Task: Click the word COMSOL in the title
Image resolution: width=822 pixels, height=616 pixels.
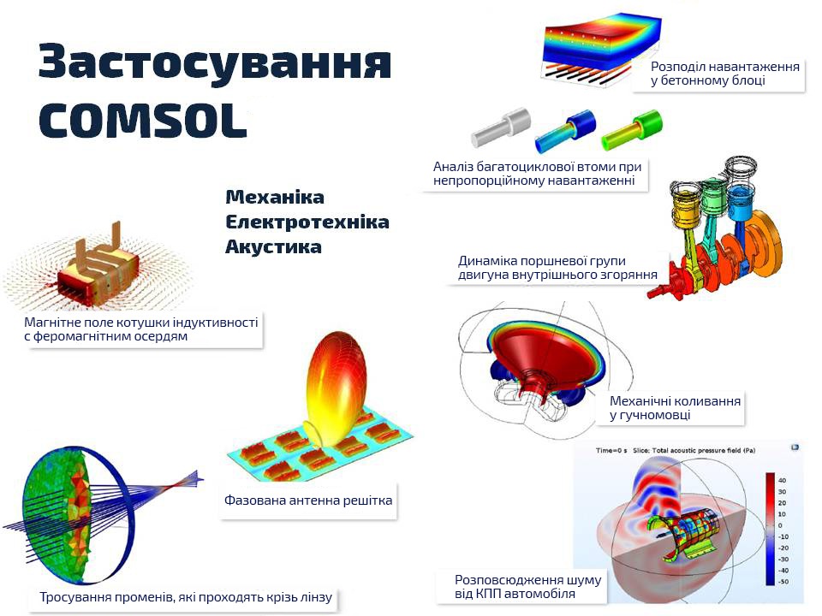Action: (x=143, y=120)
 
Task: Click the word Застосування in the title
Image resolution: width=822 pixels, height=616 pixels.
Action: (x=215, y=62)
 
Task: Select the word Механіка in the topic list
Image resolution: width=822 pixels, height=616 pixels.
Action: (x=275, y=198)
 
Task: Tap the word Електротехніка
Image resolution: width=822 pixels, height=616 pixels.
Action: (x=307, y=222)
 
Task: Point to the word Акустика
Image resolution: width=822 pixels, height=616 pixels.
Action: (x=273, y=246)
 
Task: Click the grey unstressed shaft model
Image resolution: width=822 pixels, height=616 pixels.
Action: (x=501, y=127)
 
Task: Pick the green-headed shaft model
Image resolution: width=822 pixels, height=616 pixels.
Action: (x=632, y=129)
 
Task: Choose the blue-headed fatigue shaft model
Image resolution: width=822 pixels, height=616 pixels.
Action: (x=566, y=131)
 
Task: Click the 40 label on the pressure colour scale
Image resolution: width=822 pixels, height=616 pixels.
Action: (x=782, y=480)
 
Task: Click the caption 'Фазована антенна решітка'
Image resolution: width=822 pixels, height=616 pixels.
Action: (x=308, y=500)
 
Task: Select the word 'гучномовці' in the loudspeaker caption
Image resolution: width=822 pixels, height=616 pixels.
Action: (x=655, y=415)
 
